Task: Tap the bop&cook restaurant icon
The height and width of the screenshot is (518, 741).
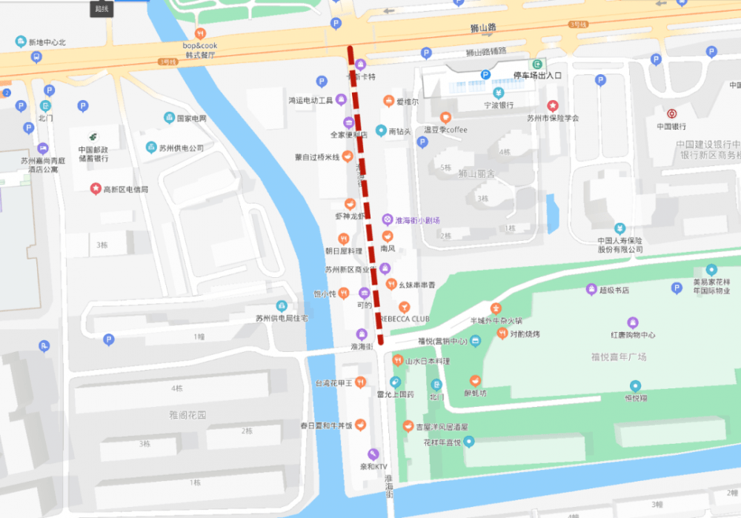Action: point(200,33)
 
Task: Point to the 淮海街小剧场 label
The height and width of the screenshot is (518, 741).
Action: point(417,220)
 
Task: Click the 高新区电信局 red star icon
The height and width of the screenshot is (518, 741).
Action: point(95,189)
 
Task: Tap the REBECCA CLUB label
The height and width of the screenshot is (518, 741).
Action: point(405,319)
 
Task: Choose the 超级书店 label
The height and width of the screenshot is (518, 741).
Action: point(614,290)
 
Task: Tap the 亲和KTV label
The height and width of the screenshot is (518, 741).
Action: point(373,466)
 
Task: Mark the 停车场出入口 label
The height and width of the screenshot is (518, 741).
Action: point(538,76)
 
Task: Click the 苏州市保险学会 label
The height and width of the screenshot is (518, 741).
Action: point(552,118)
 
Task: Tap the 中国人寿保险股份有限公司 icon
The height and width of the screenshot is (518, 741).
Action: point(620,228)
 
